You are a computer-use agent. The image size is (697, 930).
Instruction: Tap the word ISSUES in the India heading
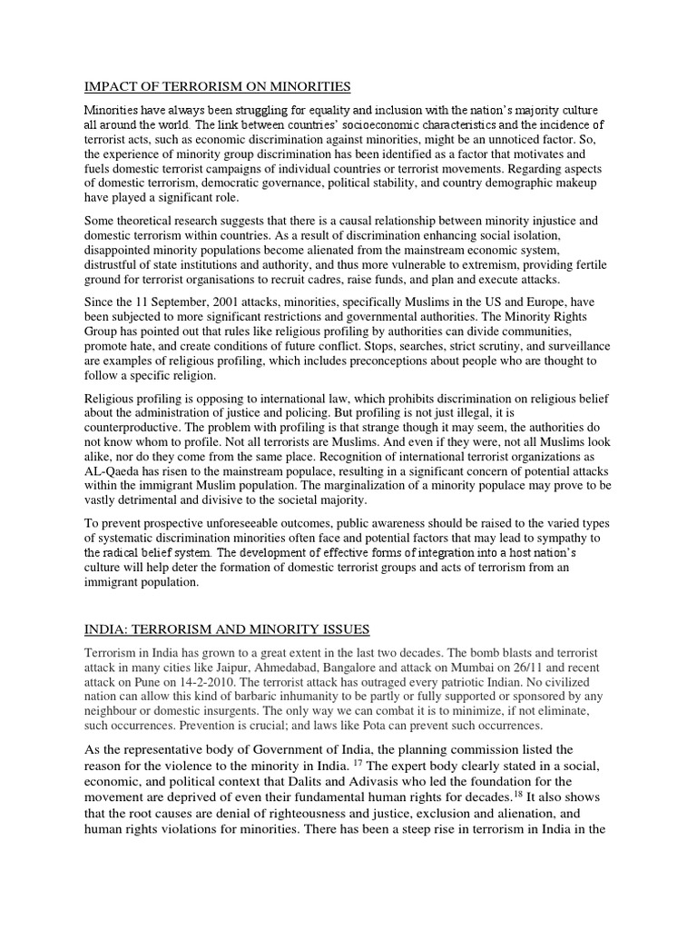tap(343, 629)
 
